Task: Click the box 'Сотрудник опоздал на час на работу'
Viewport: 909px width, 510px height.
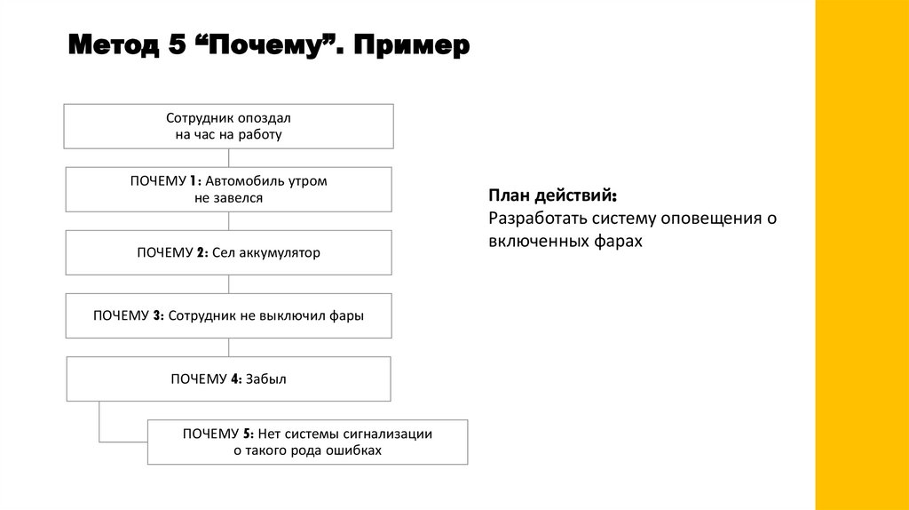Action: click(228, 126)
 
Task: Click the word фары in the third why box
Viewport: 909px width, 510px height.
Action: click(347, 315)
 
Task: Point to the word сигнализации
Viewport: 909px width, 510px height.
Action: click(391, 434)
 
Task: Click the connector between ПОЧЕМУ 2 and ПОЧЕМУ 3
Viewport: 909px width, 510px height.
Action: click(229, 283)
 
